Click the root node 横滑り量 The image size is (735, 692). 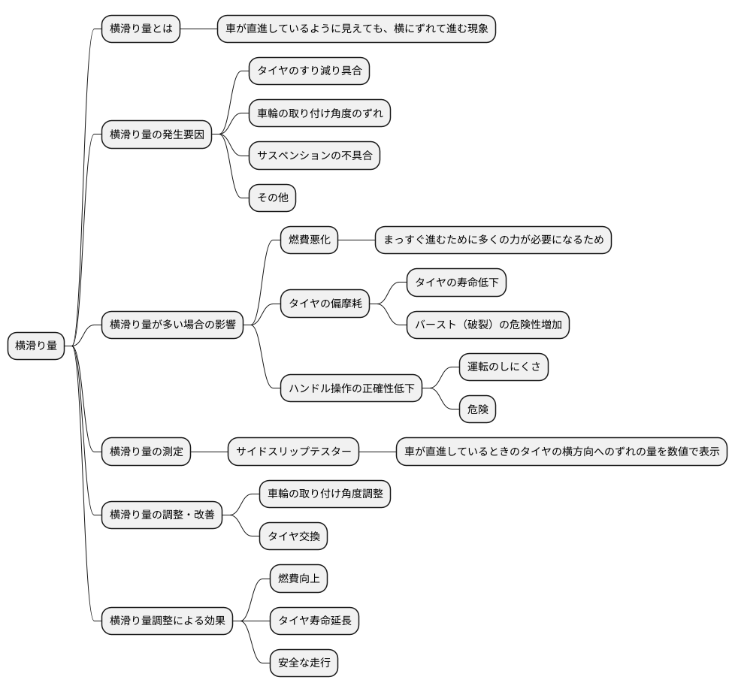tap(36, 346)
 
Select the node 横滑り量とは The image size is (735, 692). tap(141, 29)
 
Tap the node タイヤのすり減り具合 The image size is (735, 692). tap(310, 71)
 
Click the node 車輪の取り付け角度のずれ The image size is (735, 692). tap(319, 113)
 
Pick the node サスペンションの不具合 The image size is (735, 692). tap(314, 156)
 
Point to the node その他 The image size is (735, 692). tap(272, 198)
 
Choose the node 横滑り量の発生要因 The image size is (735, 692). tap(156, 134)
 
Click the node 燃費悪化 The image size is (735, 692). tap(309, 240)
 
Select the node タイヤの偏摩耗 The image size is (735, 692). tap(325, 304)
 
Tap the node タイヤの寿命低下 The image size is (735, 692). tap(457, 283)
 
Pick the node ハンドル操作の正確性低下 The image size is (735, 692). tap(351, 388)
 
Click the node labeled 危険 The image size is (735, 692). tap(477, 409)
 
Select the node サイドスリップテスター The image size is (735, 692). tap(293, 452)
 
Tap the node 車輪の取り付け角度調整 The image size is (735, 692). tap(325, 494)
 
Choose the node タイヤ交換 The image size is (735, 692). tap(293, 536)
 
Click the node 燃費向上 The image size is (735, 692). tap(298, 579)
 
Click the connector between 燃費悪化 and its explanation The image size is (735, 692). tap(356, 240)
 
